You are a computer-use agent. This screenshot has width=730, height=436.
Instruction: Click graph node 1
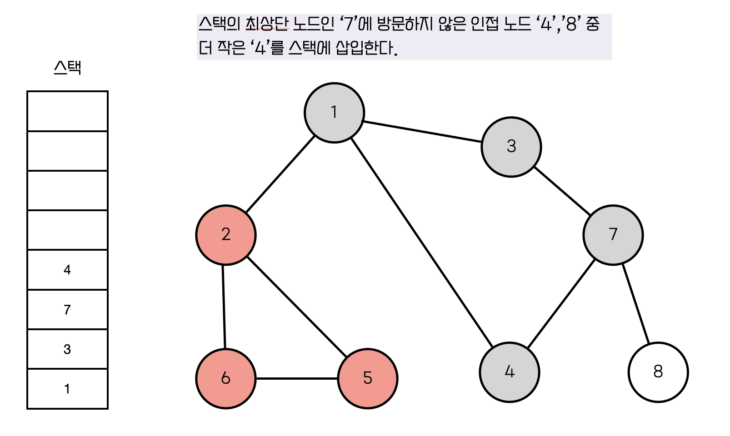(x=334, y=113)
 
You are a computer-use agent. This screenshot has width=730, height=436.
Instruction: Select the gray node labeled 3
(x=511, y=147)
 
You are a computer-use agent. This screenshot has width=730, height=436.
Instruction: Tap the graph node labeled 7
(x=613, y=235)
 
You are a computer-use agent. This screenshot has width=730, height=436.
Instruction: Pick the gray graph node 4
(x=509, y=372)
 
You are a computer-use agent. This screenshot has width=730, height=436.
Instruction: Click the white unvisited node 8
(x=658, y=372)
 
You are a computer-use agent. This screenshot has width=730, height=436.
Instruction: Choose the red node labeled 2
(x=226, y=235)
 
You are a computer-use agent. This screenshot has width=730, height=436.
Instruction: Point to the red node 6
(x=226, y=378)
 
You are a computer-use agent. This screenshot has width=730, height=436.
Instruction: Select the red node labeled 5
(x=368, y=378)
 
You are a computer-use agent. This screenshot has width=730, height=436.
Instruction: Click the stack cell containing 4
(x=67, y=270)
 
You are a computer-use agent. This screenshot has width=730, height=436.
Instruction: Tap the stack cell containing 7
(x=67, y=310)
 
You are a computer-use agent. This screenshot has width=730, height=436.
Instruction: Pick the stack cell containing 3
(x=67, y=349)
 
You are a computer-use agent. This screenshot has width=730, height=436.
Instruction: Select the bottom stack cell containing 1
(x=67, y=389)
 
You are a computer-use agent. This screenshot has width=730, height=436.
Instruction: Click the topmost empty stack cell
(x=67, y=111)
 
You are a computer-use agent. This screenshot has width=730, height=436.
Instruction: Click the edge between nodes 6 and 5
(x=297, y=378)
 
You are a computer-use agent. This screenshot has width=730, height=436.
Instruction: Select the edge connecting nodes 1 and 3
(x=423, y=132)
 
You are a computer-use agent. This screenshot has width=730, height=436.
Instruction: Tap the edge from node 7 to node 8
(x=635, y=303)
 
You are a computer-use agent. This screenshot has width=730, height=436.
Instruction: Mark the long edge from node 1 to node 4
(x=422, y=243)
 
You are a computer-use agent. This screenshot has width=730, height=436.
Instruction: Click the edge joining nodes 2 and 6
(x=224, y=307)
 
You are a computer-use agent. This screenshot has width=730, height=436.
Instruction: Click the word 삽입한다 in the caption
(x=366, y=48)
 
